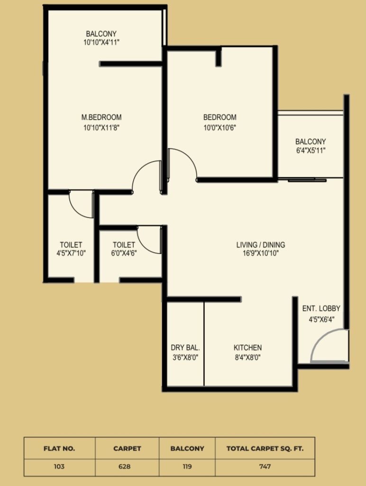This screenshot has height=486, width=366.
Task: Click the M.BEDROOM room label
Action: click(x=101, y=118)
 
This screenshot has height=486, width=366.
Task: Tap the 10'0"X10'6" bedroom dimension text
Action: click(x=220, y=127)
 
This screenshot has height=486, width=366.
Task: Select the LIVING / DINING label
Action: click(x=261, y=245)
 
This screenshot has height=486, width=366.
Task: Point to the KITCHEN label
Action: click(x=248, y=348)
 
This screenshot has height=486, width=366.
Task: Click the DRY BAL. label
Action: click(x=185, y=348)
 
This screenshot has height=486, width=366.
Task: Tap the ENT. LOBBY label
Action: click(x=321, y=308)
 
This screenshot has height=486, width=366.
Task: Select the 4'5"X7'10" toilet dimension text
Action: click(x=71, y=253)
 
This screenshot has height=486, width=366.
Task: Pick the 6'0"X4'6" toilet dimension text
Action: click(x=124, y=253)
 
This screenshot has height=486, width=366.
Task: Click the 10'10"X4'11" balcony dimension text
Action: click(x=101, y=42)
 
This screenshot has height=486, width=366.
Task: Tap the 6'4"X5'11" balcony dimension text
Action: click(x=311, y=150)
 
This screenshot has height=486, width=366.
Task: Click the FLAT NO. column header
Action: click(x=59, y=449)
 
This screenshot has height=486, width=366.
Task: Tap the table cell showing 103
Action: click(x=59, y=467)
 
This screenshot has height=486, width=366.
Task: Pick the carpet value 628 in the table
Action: click(x=125, y=467)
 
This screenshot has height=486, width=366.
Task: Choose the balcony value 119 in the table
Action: click(x=187, y=467)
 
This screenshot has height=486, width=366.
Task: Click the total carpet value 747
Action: click(x=265, y=467)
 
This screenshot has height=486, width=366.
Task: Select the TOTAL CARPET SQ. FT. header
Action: click(x=265, y=449)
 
